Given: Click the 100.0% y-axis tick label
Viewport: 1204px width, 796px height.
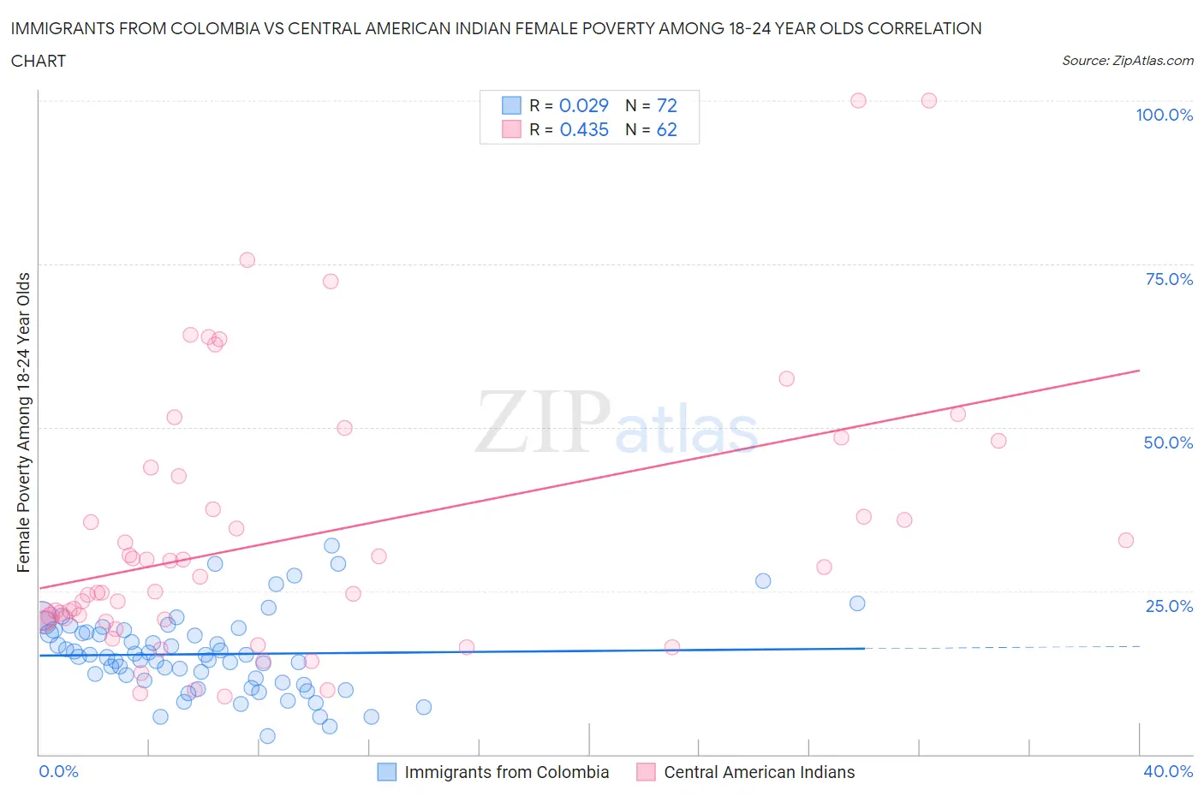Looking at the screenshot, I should tap(1164, 115).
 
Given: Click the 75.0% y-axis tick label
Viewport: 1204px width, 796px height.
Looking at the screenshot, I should tap(1169, 279).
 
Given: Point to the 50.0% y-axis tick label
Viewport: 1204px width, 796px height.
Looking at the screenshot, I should tap(1168, 443).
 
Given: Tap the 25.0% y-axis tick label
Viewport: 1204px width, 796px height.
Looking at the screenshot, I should tap(1169, 606).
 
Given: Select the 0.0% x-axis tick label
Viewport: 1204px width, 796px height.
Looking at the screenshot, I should tap(58, 771).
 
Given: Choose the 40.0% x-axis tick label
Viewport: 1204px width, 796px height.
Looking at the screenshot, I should tap(1168, 771).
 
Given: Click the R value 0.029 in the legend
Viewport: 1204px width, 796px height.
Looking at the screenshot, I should tap(583, 105).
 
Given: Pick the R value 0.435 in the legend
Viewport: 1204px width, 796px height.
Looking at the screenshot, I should tap(584, 129).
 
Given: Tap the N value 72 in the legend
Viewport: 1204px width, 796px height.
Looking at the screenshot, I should tap(666, 105).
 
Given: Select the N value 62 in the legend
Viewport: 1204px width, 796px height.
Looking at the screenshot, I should tap(666, 129).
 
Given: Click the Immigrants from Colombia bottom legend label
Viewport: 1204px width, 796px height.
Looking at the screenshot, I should tap(506, 772).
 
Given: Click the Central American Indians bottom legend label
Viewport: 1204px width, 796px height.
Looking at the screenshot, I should tap(759, 772).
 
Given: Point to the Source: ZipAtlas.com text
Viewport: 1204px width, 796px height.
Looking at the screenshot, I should tap(1127, 60).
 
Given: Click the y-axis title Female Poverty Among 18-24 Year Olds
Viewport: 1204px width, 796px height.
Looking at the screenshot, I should tap(24, 422).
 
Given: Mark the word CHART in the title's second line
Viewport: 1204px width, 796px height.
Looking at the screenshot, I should tap(39, 61).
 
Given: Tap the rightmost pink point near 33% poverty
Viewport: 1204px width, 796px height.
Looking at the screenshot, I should tap(1126, 540).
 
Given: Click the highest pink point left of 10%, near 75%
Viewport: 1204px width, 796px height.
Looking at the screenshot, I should tap(247, 260).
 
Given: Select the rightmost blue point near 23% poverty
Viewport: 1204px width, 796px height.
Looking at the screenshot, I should tap(857, 603).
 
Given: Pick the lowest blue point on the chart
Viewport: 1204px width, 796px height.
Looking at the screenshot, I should tap(267, 736).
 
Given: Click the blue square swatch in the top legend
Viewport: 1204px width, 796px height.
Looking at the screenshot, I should tap(511, 105).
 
